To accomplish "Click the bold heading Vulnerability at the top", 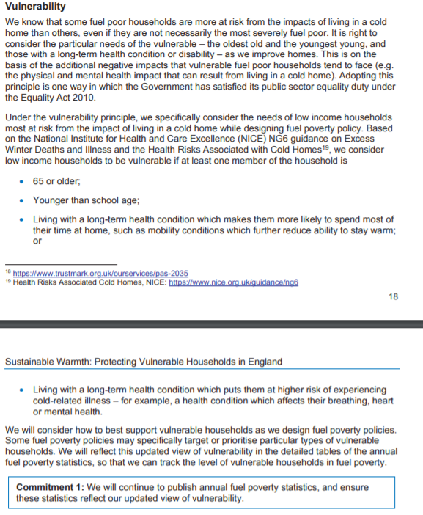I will point(35,7).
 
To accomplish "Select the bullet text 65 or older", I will point(56,180).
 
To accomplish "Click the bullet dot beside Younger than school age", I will point(23,200).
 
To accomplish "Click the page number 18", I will point(394,297).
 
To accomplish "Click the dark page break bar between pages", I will point(211,324).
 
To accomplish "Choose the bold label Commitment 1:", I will point(49,487).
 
